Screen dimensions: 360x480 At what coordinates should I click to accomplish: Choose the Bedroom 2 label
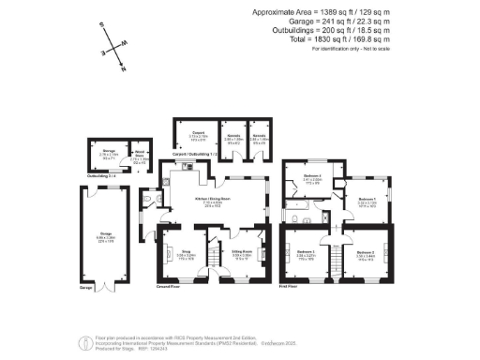pos(306,253)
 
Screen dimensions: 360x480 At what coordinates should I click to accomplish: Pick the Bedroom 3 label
pos(366,253)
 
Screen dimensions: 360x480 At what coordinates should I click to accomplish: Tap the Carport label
pos(198,134)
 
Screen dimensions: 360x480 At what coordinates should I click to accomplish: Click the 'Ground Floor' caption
pos(169,284)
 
